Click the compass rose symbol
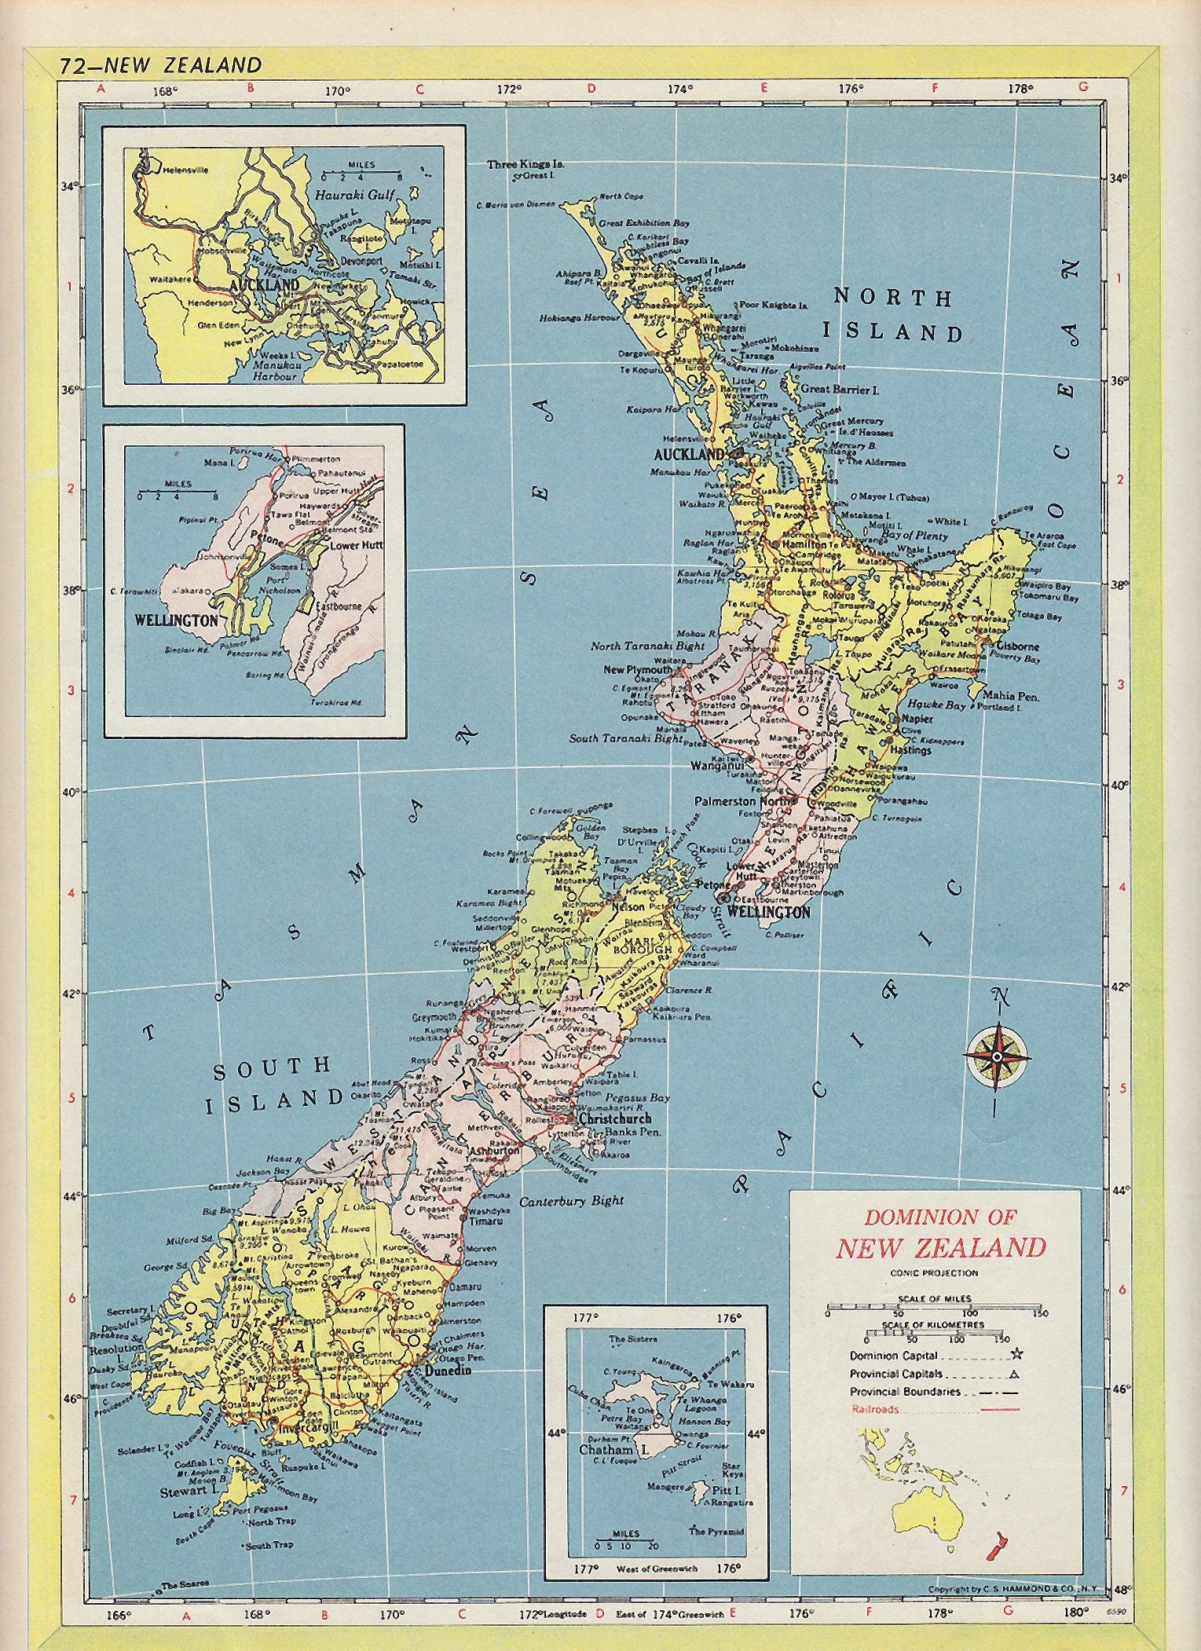[x=997, y=1057]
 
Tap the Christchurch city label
[x=615, y=1118]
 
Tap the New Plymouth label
[x=637, y=670]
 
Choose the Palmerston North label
[x=745, y=802]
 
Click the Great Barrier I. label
[x=839, y=389]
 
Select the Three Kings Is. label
[x=525, y=164]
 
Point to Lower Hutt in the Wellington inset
[x=355, y=544]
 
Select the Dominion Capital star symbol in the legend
[x=1018, y=1353]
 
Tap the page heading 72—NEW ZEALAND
[x=159, y=65]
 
